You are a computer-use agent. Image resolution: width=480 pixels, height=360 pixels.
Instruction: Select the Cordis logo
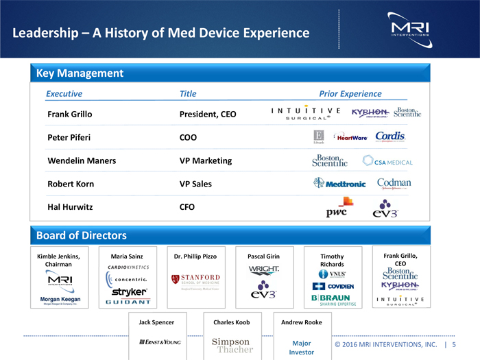[x=390, y=136]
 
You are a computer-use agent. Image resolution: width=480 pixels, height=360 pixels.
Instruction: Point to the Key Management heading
[x=80, y=73]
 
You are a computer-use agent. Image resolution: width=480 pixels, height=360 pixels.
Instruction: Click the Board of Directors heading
[x=81, y=236]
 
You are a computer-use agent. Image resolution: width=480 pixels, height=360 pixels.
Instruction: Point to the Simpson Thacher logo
[x=230, y=346]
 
